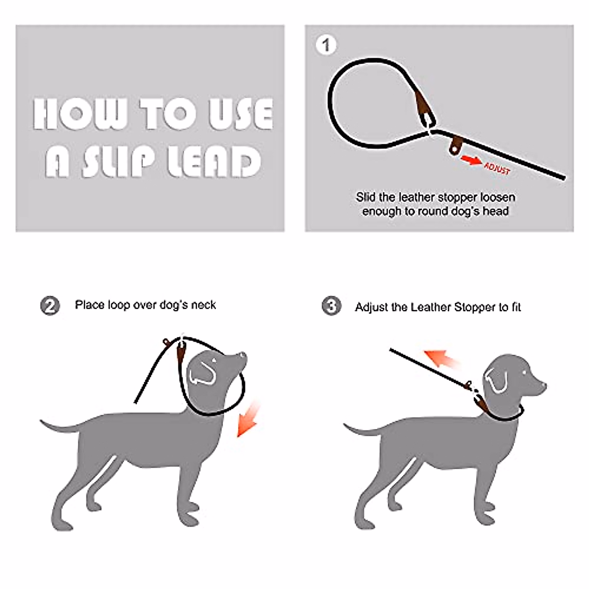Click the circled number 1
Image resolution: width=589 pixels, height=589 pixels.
[326, 45]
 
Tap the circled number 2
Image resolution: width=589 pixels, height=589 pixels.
[50, 306]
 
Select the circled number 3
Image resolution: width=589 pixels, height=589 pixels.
[332, 306]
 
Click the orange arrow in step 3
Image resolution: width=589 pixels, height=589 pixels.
[442, 358]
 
